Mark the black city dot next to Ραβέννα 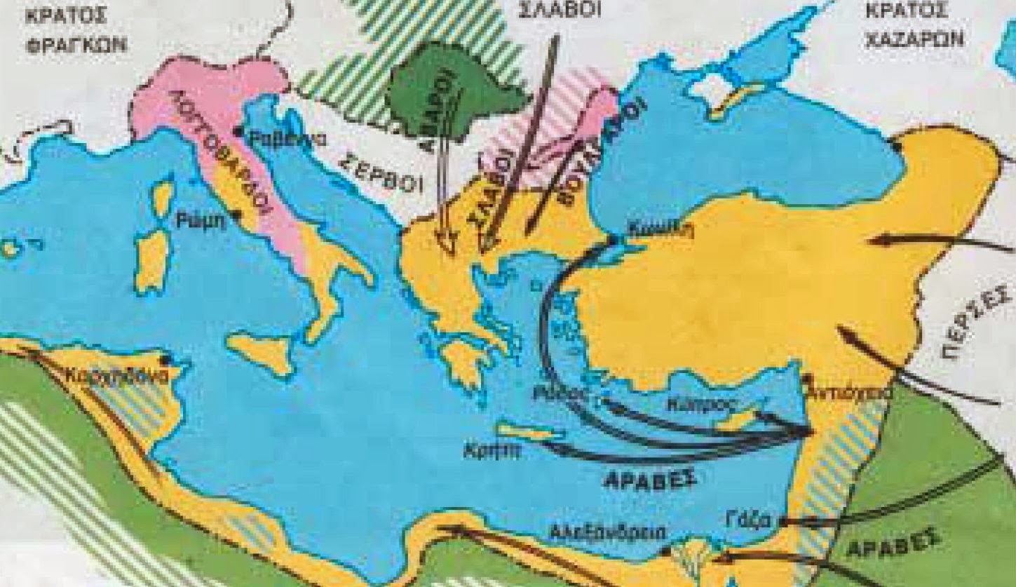click(238, 131)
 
